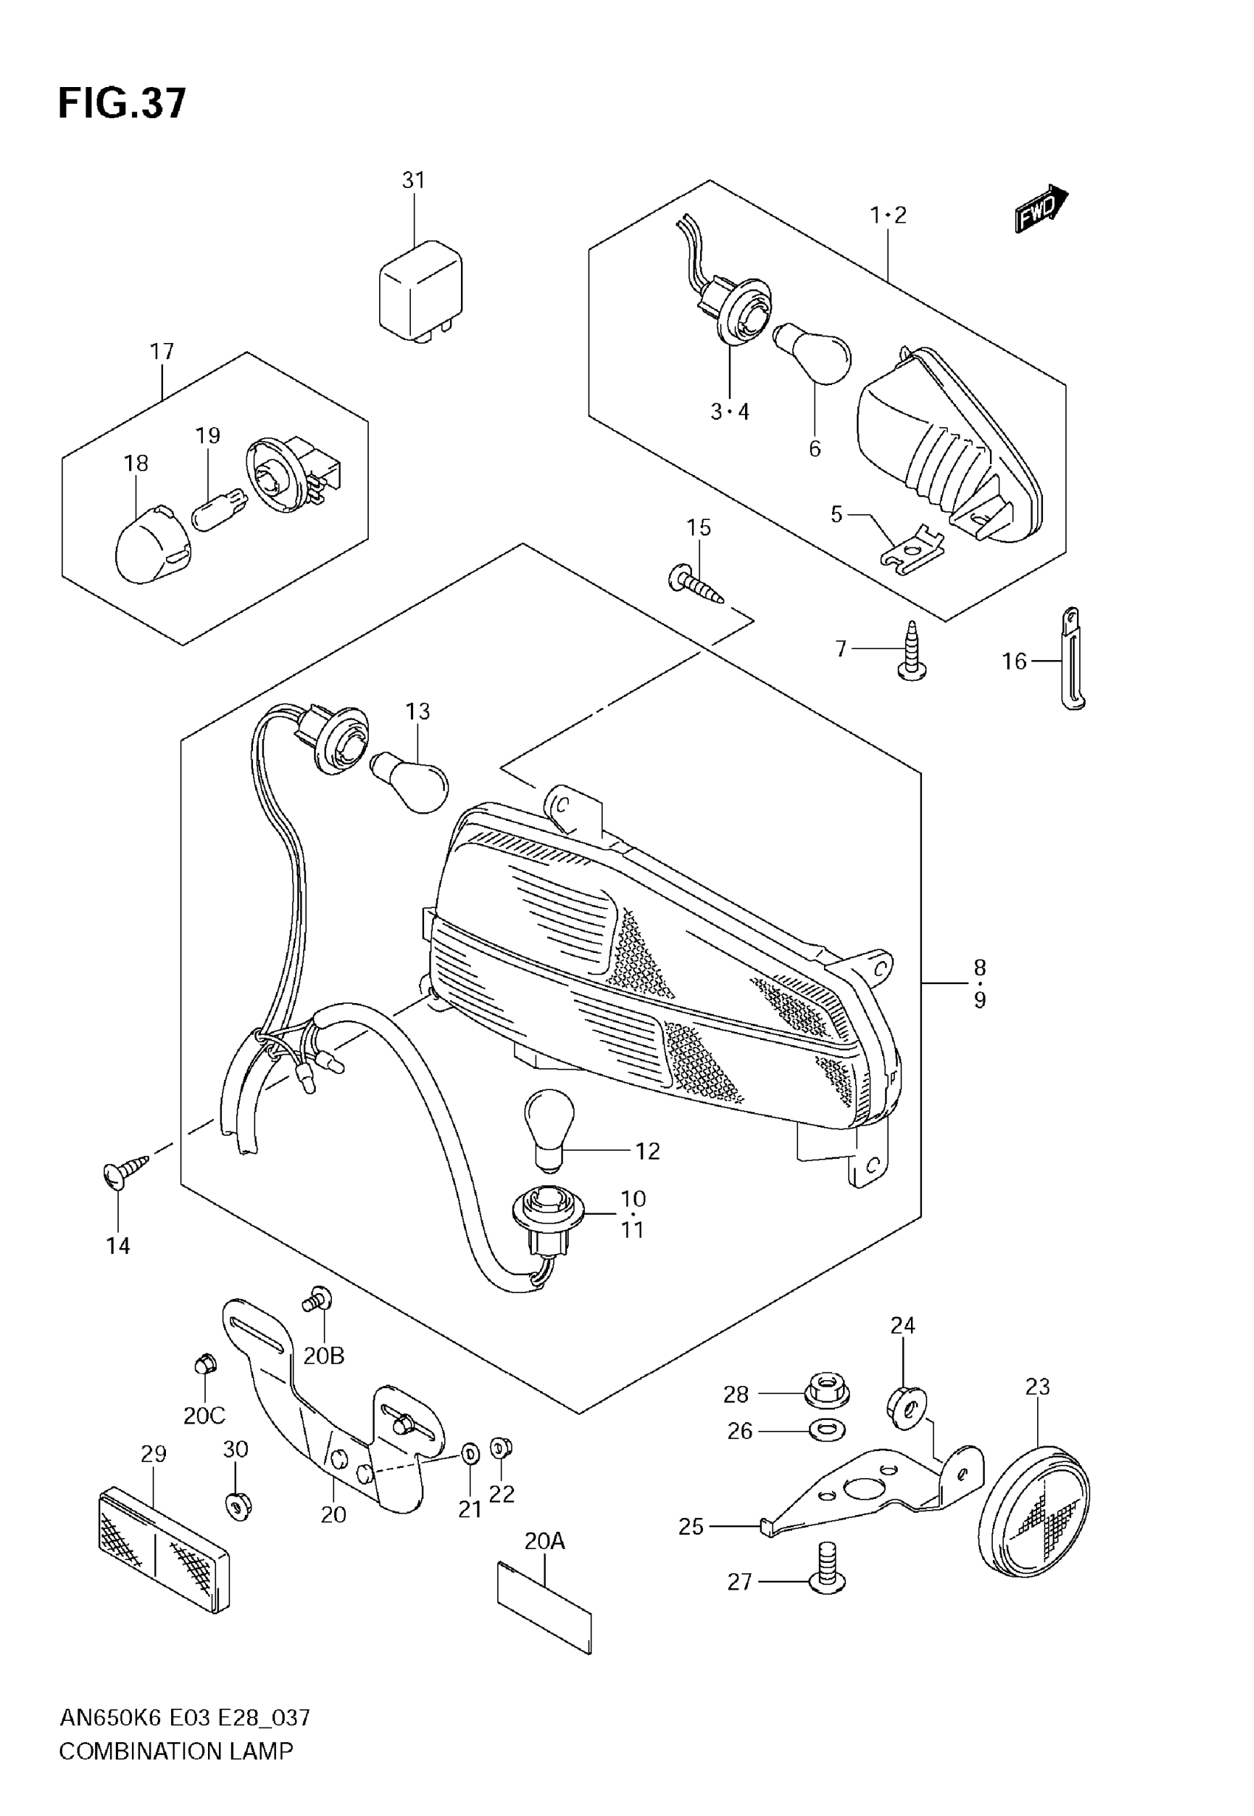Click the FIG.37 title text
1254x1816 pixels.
click(122, 103)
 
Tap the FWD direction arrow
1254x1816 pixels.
click(1040, 209)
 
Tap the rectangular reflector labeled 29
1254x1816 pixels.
click(164, 1549)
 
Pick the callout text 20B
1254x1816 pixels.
click(324, 1356)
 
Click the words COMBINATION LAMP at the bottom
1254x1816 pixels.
click(176, 1751)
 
